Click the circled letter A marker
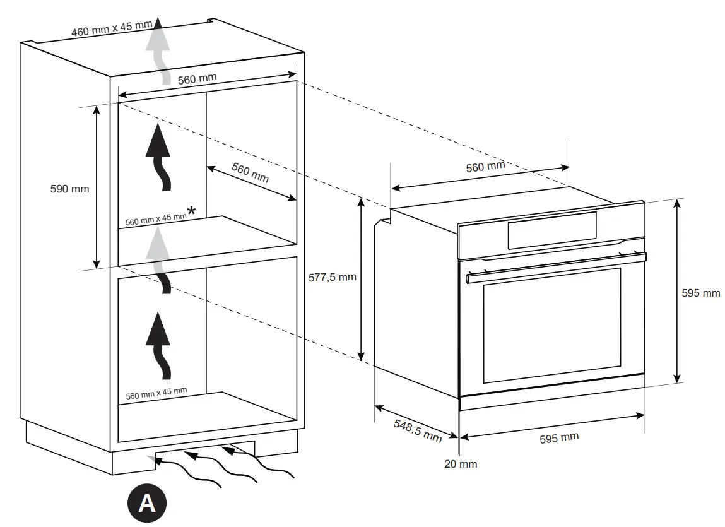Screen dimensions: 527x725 tap(147, 503)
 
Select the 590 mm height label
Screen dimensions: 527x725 tap(69, 188)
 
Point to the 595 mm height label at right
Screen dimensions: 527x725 tap(701, 293)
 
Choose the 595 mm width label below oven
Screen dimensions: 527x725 tap(558, 438)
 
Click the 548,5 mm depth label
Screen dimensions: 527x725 tap(417, 430)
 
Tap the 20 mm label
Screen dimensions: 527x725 tap(461, 464)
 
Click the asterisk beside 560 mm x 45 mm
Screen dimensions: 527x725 tap(191, 211)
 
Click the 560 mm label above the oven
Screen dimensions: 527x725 tap(485, 167)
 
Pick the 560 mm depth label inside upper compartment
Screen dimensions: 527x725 tap(250, 172)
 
